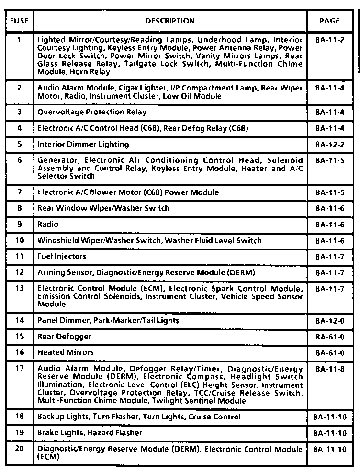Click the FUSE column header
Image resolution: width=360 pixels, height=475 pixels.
click(x=19, y=21)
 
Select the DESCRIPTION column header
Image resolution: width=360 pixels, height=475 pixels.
click(x=170, y=21)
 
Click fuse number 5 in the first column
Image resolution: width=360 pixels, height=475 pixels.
click(x=19, y=144)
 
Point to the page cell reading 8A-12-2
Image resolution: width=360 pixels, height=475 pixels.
click(x=330, y=144)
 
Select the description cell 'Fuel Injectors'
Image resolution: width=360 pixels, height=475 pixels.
click(x=62, y=256)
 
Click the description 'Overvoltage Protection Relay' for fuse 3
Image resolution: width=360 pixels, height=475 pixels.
click(x=92, y=112)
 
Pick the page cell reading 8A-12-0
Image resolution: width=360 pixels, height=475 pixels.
click(x=330, y=320)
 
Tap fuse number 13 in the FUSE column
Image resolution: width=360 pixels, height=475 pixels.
click(x=19, y=288)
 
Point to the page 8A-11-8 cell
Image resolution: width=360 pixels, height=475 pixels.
click(x=330, y=369)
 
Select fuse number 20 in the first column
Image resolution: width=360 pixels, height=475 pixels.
click(x=19, y=449)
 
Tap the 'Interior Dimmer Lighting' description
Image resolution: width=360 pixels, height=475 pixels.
click(x=83, y=144)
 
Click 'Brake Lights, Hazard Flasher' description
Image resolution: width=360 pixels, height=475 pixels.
click(x=90, y=433)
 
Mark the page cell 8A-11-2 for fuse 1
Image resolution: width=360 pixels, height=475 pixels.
click(x=330, y=40)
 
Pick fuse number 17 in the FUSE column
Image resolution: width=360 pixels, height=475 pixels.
click(x=19, y=369)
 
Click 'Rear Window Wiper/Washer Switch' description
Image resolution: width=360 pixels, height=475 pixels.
click(x=103, y=208)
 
